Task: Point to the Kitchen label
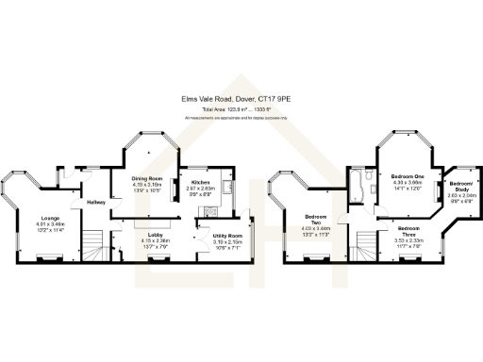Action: [x=201, y=182]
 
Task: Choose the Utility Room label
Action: [x=227, y=235]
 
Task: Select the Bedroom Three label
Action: [x=408, y=229]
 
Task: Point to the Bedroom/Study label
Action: [x=462, y=186]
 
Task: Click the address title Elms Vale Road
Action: [x=241, y=96]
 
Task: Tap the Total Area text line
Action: [x=241, y=108]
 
